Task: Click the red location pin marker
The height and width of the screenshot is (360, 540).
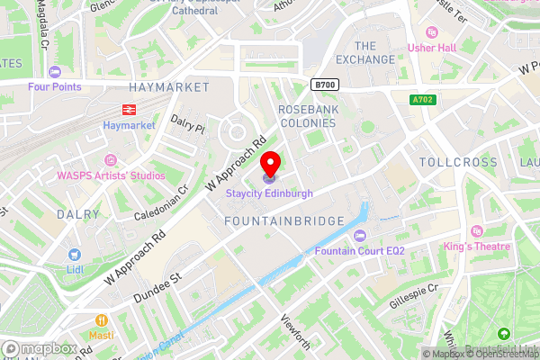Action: tap(270, 165)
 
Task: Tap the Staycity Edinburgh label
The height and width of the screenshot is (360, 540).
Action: tap(270, 193)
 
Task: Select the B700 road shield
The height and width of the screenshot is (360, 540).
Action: tap(325, 84)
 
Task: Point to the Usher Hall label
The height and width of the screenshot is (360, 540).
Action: tap(434, 49)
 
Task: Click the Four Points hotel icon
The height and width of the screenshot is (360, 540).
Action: tap(55, 71)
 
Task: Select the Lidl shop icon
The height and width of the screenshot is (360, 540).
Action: tap(75, 254)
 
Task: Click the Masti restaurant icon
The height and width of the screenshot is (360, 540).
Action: tap(101, 320)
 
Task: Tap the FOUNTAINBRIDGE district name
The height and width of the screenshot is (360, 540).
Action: tap(284, 221)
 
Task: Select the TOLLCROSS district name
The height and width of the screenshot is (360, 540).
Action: tap(458, 163)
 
